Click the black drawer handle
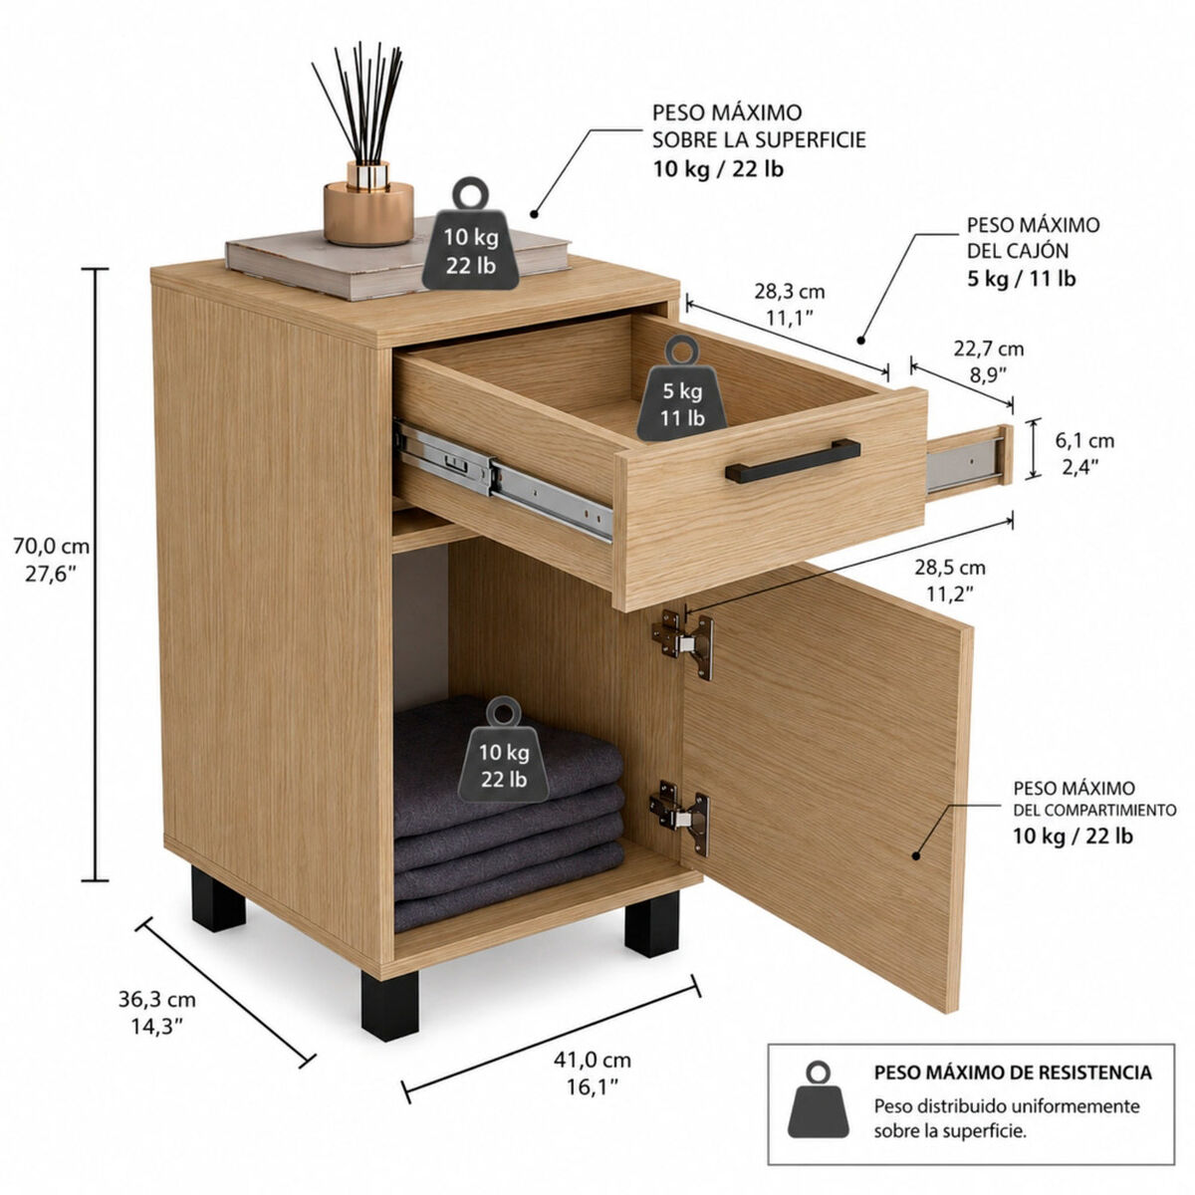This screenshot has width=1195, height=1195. click(793, 461)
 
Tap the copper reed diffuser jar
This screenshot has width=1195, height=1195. click(368, 204)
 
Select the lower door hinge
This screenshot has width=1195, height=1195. click(680, 817)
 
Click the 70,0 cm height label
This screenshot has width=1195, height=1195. click(52, 547)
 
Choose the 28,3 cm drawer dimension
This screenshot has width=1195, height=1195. click(790, 292)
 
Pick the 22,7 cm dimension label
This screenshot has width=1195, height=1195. click(989, 350)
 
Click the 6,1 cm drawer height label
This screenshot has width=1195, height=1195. click(1084, 441)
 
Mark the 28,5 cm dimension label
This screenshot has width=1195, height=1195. click(949, 568)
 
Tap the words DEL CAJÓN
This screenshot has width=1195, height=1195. click(1018, 251)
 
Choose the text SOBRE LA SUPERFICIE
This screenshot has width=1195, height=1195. click(759, 139)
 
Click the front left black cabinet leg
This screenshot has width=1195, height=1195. click(389, 1007)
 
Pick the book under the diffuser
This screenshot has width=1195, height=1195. click(397, 261)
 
